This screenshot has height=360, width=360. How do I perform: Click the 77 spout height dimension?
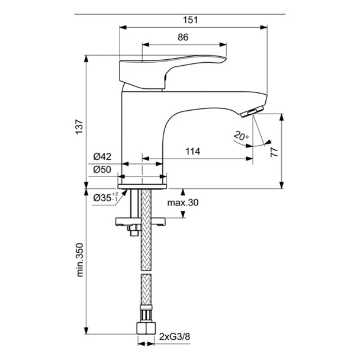[x=274, y=151]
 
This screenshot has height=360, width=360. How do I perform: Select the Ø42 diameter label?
[x=102, y=156]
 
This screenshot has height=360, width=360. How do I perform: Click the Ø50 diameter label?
[x=102, y=170]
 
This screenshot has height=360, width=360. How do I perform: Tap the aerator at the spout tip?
[x=253, y=111]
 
